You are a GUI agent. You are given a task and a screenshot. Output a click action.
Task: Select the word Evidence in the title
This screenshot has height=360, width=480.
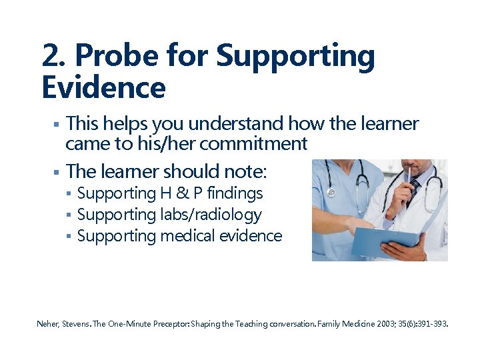click(103, 87)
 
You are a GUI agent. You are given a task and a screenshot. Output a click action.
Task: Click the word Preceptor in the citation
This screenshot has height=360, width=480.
click(171, 324)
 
